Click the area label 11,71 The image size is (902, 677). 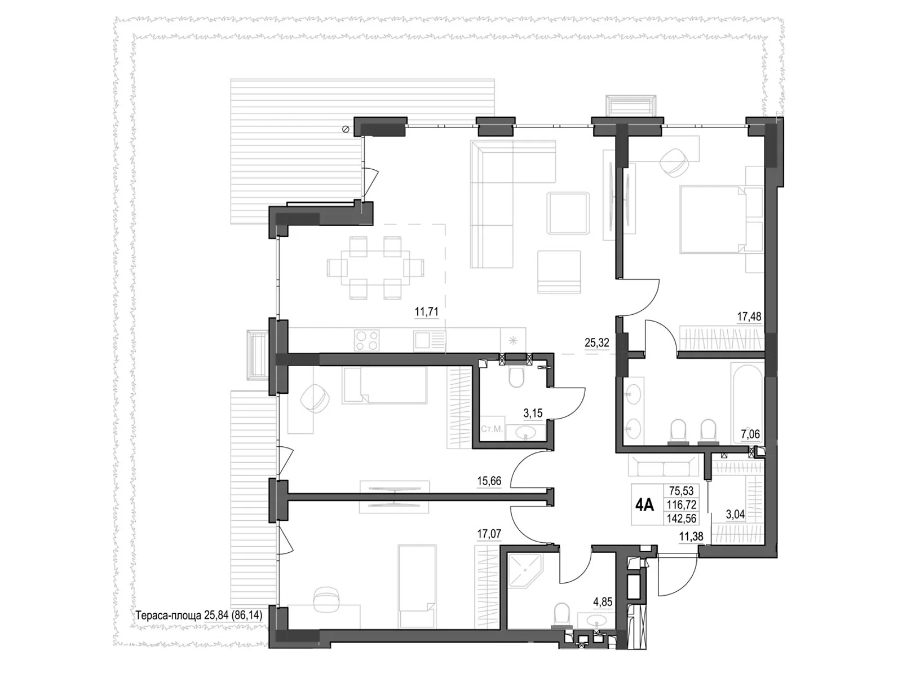(426, 311)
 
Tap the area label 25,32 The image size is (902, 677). (597, 342)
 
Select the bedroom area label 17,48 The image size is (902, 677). (749, 316)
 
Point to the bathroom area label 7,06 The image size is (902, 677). (749, 434)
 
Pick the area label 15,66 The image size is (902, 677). (489, 481)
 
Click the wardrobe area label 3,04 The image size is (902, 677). (735, 515)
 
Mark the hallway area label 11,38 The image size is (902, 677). (691, 537)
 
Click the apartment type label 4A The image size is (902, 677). (644, 505)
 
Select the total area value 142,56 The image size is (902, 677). (681, 518)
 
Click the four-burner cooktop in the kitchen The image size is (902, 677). (366, 340)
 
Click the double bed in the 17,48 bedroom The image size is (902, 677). (713, 219)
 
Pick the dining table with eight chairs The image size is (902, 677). (375, 267)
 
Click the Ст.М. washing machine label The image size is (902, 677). (491, 429)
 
